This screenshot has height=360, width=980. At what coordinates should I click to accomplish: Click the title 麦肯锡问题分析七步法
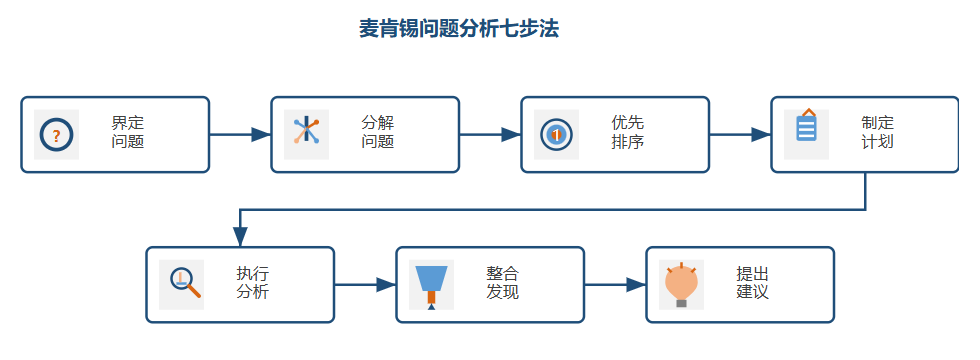point(459,29)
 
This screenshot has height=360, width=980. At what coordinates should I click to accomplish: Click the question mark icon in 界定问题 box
point(56,135)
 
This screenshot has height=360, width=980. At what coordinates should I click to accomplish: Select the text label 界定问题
point(127,133)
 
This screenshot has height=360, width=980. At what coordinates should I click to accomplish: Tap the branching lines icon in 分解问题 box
point(306,133)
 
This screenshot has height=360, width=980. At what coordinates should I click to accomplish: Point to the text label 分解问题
point(377,133)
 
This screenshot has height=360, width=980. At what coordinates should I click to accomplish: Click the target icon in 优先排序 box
point(556,134)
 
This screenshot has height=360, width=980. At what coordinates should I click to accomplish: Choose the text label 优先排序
point(627,133)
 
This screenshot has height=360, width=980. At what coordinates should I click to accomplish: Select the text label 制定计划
point(877,133)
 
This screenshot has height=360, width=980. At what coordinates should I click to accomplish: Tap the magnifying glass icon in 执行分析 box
point(182,283)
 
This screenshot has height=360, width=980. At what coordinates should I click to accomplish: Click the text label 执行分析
point(252,283)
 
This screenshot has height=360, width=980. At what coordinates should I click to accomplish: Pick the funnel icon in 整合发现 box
point(431,283)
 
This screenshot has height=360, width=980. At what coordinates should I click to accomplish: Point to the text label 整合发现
point(502,283)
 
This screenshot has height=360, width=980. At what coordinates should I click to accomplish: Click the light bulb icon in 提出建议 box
point(681,284)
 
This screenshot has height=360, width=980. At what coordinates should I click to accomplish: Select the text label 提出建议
point(752,283)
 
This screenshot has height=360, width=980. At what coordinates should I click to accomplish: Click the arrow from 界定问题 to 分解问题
point(240,135)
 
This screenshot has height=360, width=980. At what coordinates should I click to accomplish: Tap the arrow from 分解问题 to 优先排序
point(490,135)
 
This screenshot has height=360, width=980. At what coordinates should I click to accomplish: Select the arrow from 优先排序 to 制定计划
point(740,135)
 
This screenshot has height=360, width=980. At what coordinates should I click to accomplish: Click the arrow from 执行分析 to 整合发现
point(365,285)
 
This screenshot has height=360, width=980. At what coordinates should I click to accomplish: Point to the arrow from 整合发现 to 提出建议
point(615,285)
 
